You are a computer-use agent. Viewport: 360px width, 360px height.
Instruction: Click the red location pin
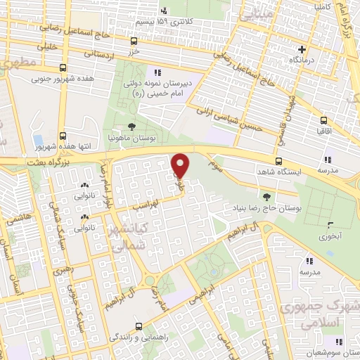181,165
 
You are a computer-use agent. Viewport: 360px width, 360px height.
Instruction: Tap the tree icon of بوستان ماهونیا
132,126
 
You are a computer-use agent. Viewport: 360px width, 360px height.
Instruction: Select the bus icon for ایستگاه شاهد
279,160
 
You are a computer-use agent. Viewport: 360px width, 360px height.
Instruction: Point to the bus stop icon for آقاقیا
323,121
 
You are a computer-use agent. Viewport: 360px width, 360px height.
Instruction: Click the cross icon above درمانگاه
302,50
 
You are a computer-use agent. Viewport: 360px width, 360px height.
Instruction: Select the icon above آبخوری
330,226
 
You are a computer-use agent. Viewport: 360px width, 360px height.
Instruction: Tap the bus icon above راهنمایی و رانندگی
139,326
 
